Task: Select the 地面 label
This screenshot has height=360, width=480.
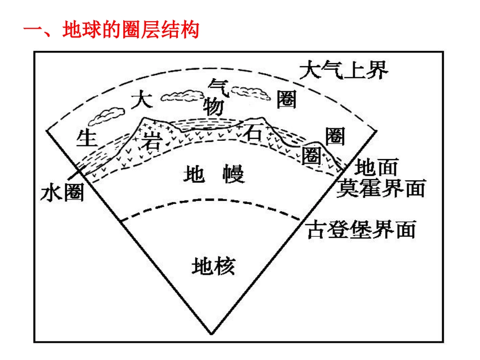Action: click(x=377, y=167)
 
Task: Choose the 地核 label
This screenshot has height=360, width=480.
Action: click(x=213, y=266)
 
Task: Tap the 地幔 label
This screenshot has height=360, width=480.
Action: click(x=214, y=175)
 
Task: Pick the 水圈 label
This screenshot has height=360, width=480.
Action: click(x=62, y=192)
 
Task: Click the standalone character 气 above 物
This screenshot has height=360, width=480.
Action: click(x=220, y=86)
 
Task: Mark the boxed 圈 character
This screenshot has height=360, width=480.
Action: click(x=310, y=155)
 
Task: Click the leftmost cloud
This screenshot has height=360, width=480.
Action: click(x=106, y=116)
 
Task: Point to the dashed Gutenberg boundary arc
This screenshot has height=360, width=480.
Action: click(x=212, y=208)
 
